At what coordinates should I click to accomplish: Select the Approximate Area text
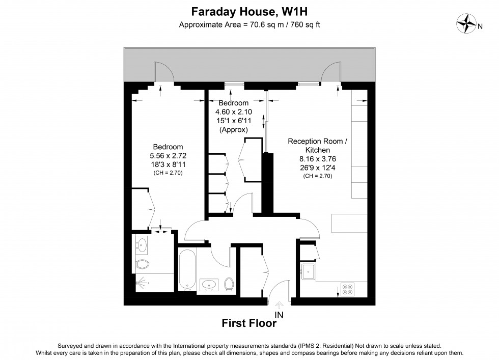tap(249, 24)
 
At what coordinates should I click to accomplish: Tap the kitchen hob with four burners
tap(348, 290)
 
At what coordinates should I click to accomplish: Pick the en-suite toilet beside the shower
tap(142, 265)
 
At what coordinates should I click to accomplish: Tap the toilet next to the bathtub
tap(229, 284)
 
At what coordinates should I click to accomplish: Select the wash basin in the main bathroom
tap(209, 284)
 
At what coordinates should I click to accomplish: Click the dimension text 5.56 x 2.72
tap(168, 156)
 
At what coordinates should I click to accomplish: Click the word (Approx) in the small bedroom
tap(233, 130)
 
